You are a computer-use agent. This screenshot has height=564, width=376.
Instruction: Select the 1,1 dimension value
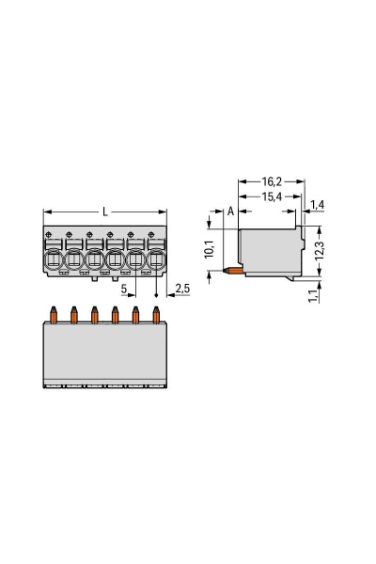tap(313, 299)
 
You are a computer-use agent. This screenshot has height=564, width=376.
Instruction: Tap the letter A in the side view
tap(230, 211)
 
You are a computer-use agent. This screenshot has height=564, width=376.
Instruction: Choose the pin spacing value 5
tap(124, 289)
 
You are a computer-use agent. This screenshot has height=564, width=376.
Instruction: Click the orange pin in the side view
tap(228, 270)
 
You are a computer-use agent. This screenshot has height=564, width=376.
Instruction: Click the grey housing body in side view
tap(268, 249)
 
